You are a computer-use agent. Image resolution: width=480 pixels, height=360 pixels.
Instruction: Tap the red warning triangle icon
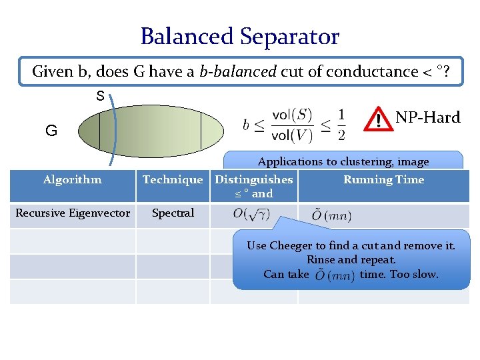pyautogui.click(x=379, y=119)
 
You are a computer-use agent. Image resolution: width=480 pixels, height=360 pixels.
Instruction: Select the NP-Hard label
pyautogui.click(x=428, y=117)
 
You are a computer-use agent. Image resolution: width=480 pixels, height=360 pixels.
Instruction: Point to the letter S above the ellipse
pyautogui.click(x=100, y=96)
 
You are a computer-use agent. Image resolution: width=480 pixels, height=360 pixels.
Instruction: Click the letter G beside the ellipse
pyautogui.click(x=51, y=131)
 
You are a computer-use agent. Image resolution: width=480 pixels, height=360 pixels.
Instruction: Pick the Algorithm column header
pyautogui.click(x=73, y=179)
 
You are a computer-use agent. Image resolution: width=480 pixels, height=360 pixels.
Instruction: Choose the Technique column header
pyautogui.click(x=173, y=179)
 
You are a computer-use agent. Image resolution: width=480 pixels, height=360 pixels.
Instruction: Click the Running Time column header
pyautogui.click(x=383, y=179)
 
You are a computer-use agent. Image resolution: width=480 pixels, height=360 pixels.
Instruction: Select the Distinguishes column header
pyautogui.click(x=254, y=179)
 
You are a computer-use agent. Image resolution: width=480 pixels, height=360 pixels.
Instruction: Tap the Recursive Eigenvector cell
pyautogui.click(x=73, y=213)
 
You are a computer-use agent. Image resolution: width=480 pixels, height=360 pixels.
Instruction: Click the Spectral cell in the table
pyautogui.click(x=173, y=213)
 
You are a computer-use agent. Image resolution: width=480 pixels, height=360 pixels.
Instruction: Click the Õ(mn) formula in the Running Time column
pyautogui.click(x=331, y=215)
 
